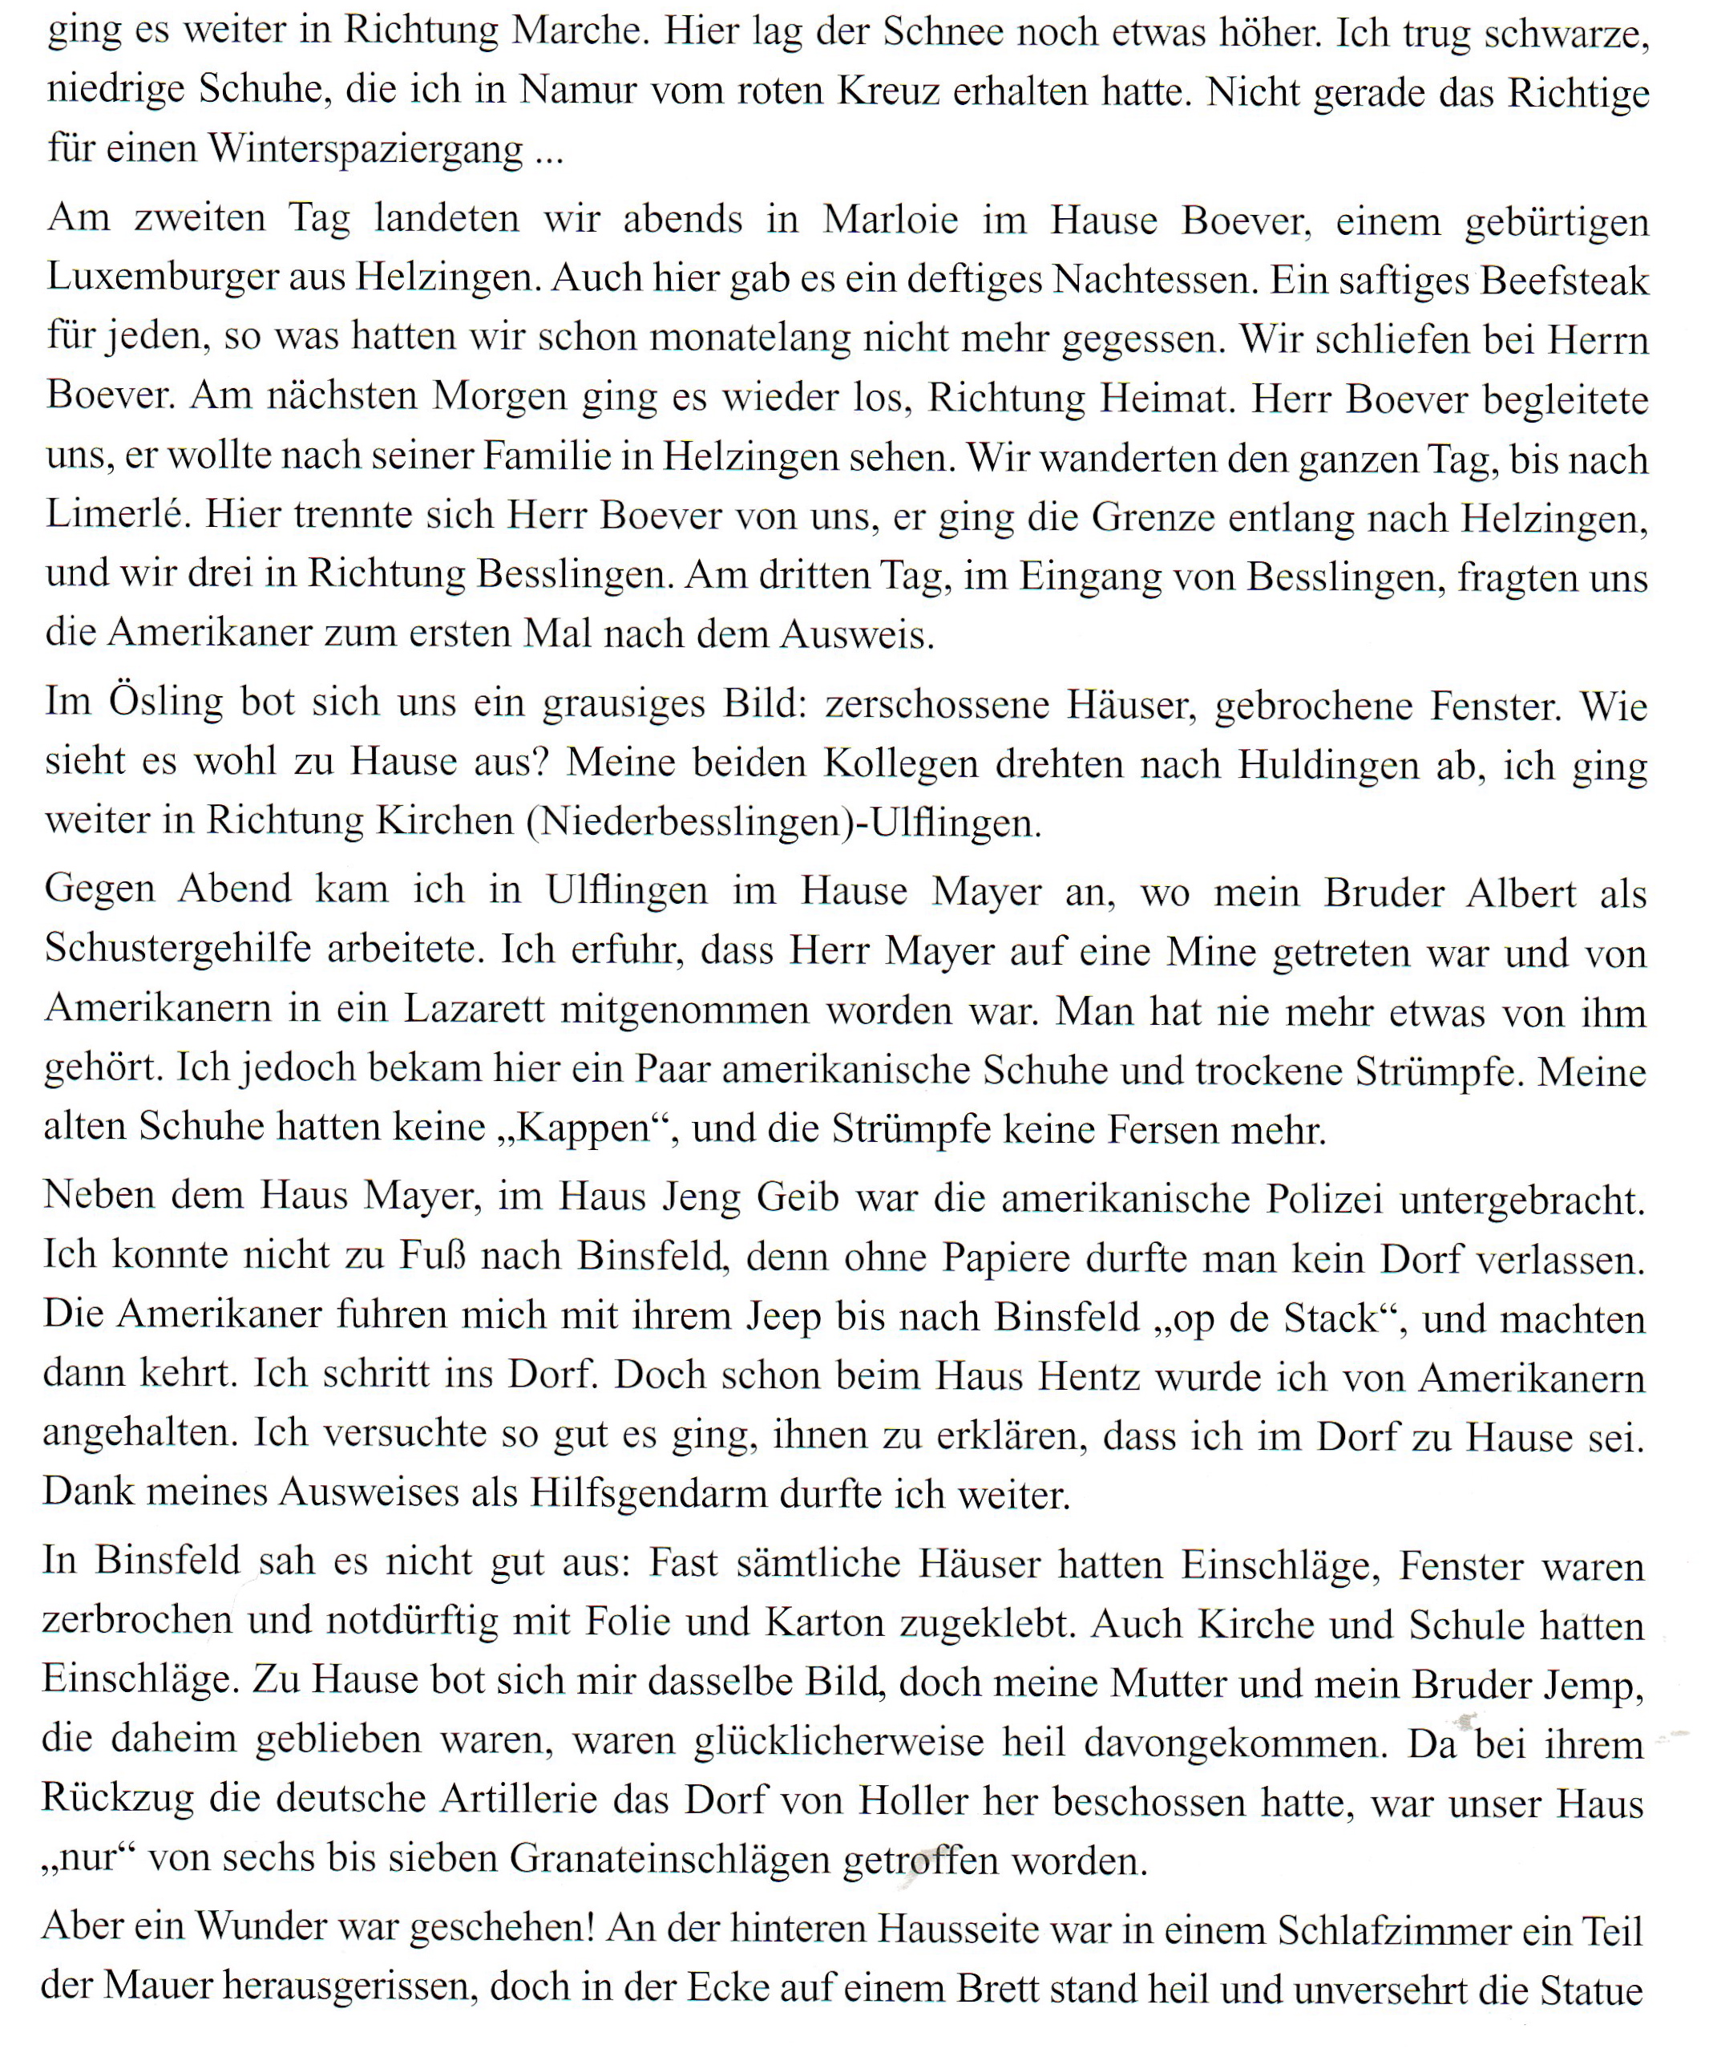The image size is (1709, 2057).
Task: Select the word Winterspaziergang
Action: [366, 150]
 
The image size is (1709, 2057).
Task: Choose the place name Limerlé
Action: [116, 513]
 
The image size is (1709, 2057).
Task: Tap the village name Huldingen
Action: [1327, 763]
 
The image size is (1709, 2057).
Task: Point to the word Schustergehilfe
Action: [177, 948]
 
